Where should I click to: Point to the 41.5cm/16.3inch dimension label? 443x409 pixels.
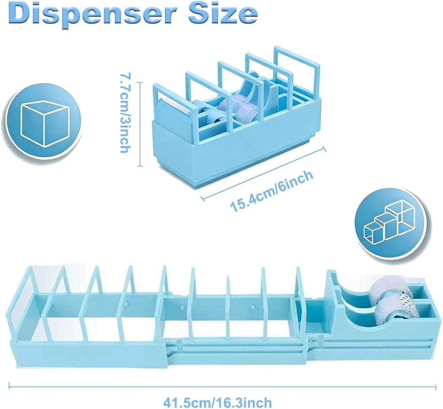[x=217, y=402]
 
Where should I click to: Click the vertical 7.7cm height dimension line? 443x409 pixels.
[x=140, y=124]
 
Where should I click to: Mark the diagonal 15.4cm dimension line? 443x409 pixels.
[x=263, y=172]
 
